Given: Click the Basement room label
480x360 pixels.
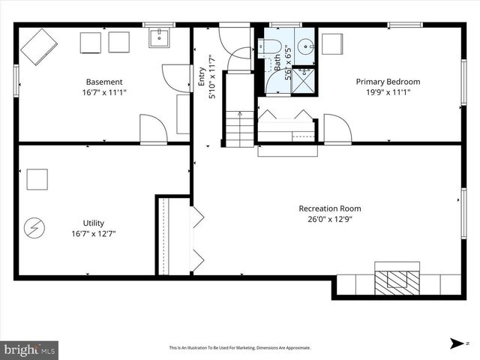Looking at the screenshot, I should [x=104, y=82].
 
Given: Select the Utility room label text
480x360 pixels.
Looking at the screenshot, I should [x=94, y=223].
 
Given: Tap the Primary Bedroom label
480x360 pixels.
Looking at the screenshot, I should [x=388, y=82].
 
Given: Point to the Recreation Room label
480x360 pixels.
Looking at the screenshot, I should [x=329, y=208].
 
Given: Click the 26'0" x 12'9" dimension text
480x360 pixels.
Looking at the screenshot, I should [x=329, y=219].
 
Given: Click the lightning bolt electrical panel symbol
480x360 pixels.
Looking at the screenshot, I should [x=34, y=226].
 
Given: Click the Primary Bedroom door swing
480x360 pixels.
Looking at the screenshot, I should [x=337, y=128].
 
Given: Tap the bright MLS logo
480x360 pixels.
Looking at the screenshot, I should [x=30, y=349].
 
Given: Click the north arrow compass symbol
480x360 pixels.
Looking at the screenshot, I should [x=457, y=343].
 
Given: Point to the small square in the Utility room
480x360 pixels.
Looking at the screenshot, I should [x=37, y=179].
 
